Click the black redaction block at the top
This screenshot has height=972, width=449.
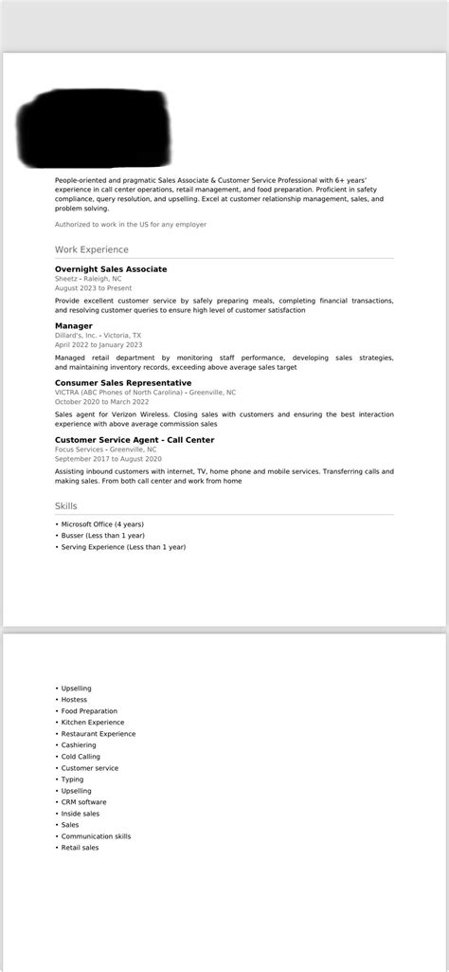(x=95, y=127)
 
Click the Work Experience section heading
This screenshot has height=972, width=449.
(x=91, y=249)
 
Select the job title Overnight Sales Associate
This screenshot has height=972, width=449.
(x=111, y=269)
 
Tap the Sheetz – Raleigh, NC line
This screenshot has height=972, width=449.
(x=88, y=280)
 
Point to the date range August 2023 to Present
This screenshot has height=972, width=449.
(x=95, y=287)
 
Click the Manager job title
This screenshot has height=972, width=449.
(x=74, y=326)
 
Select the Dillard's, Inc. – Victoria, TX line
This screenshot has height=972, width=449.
(x=98, y=336)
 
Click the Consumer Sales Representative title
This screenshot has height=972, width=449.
(x=122, y=383)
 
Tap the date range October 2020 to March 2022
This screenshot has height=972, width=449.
(x=101, y=402)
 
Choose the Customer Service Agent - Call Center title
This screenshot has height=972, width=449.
(x=134, y=440)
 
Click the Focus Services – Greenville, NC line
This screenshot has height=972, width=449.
(x=105, y=449)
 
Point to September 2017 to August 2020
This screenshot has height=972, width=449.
(x=108, y=459)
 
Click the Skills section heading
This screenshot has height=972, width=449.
(x=66, y=506)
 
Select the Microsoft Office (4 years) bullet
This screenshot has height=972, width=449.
(x=102, y=524)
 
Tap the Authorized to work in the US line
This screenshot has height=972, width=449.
(x=131, y=225)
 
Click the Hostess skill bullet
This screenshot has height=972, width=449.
(x=74, y=700)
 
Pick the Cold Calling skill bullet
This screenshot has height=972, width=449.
(x=81, y=757)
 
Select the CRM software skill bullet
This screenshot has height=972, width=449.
(x=83, y=802)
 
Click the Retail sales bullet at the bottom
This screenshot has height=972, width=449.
(x=80, y=848)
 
